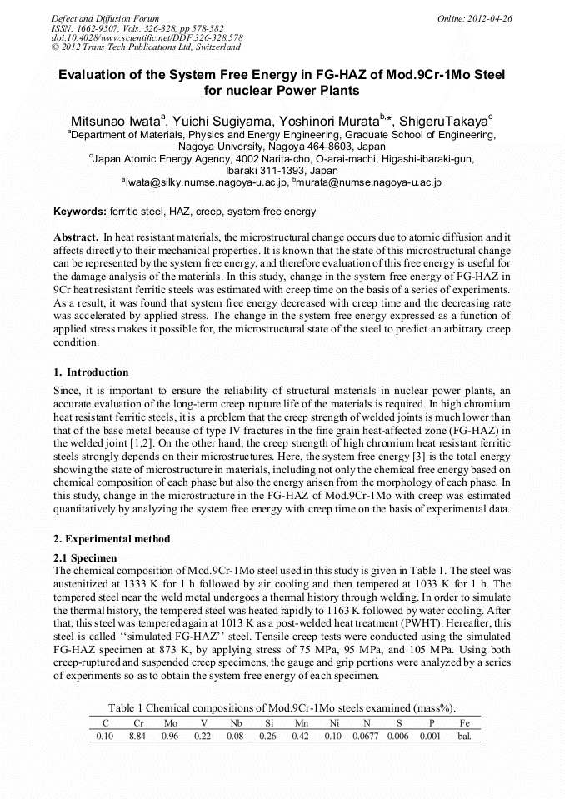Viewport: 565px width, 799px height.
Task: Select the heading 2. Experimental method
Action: pyautogui.click(x=112, y=539)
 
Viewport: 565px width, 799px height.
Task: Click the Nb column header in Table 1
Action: pyautogui.click(x=237, y=724)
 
